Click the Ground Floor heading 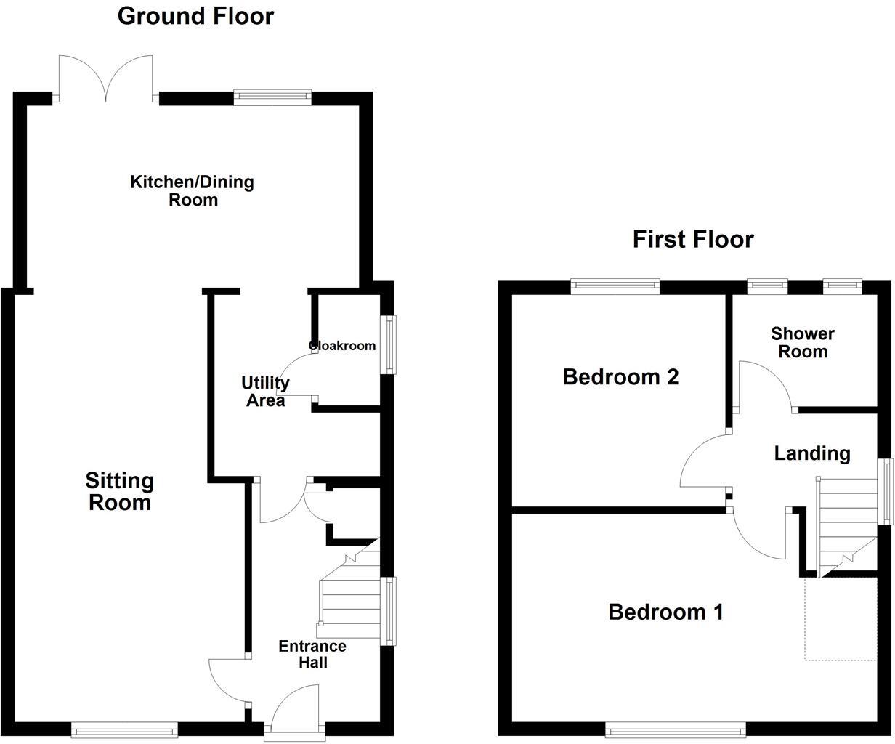(x=195, y=16)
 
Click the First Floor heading (x=692, y=239)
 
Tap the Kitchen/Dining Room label (x=193, y=190)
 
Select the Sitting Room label (x=120, y=491)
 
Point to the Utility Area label (x=265, y=392)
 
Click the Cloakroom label (x=343, y=346)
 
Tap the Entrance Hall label (x=312, y=654)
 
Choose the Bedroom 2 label (x=620, y=377)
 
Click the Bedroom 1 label (x=665, y=612)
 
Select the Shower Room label (x=803, y=342)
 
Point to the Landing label (x=811, y=453)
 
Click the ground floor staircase (x=351, y=592)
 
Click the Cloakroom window (x=391, y=344)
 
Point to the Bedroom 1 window (x=676, y=728)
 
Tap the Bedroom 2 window (x=615, y=286)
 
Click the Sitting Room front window (x=124, y=728)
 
